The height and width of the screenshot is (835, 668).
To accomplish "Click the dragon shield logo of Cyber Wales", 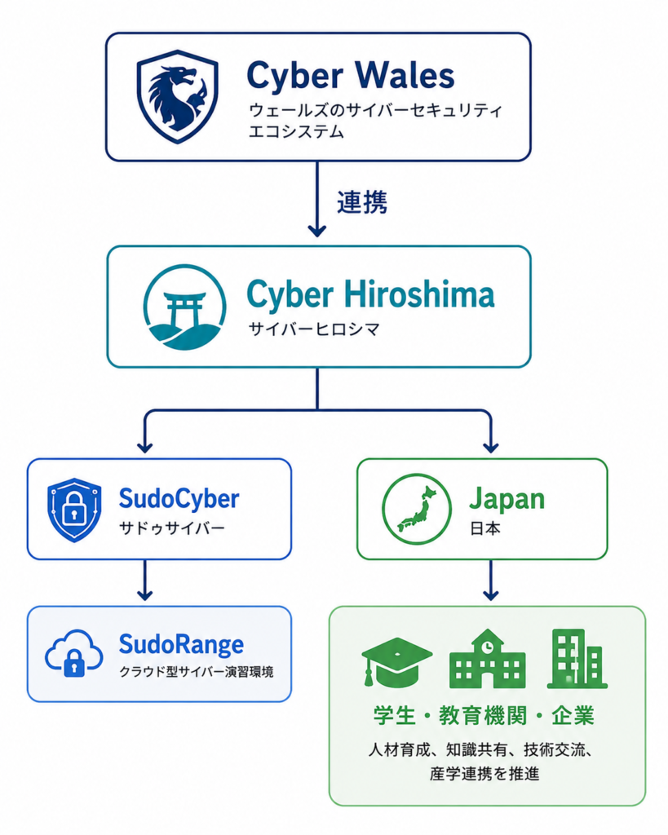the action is pos(177,96).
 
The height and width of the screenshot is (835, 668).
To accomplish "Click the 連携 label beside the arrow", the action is pos(361,202).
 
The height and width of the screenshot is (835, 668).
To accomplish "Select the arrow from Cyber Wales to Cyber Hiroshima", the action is pos(317,199).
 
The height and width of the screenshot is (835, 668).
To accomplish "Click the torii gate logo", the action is pos(184,307).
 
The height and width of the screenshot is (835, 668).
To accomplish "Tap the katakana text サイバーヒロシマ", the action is pos(314,329).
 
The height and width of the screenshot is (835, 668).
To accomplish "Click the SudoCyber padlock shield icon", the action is pos(74,510).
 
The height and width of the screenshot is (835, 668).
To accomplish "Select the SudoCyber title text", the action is pos(179,499).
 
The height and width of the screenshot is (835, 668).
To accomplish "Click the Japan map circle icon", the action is pos(417,509).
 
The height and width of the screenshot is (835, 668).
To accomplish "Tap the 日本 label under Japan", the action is pos(484,528).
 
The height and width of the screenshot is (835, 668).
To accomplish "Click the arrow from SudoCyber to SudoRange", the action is pos(144,580).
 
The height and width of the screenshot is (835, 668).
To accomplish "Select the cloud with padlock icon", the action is pos(74,653).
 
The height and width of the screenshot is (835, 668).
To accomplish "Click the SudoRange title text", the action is pos(181,645).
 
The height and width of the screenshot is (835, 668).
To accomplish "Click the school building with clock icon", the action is pos(488,659).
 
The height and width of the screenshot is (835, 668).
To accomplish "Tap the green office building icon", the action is pos(577,659).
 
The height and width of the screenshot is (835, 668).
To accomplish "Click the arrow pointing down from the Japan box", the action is pos(490,580).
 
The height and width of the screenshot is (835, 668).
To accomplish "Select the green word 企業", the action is pos(573,716).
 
